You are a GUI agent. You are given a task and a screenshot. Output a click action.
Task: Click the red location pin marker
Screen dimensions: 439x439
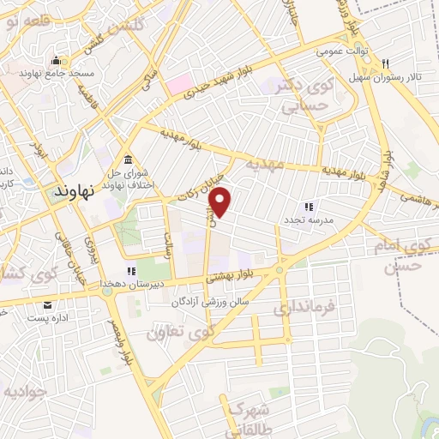point(221,202)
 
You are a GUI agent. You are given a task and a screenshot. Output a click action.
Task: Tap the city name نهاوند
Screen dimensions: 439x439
point(76,192)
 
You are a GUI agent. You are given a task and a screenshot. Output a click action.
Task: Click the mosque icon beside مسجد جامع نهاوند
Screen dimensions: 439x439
point(57,60)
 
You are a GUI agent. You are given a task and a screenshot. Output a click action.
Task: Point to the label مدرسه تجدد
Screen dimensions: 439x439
point(309,219)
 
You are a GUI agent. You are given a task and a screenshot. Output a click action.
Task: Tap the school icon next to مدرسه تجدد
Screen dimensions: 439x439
point(309,207)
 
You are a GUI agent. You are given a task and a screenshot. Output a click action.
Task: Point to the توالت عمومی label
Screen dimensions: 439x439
point(341,51)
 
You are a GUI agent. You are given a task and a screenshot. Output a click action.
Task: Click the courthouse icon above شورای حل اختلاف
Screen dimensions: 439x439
point(127,160)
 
